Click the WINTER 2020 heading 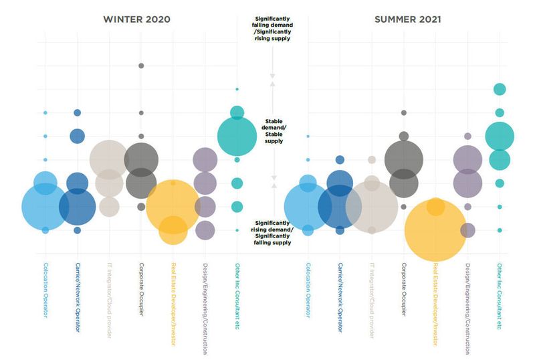point(136,19)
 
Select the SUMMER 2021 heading point(407,19)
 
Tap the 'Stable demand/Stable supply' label point(273,131)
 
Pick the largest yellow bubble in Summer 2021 point(435,230)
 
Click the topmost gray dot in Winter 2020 point(141,66)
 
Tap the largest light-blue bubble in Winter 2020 point(45,207)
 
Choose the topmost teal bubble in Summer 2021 point(500,89)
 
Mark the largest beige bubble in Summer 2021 point(372,207)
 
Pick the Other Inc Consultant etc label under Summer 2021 point(500,294)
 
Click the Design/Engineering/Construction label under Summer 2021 point(467,307)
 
